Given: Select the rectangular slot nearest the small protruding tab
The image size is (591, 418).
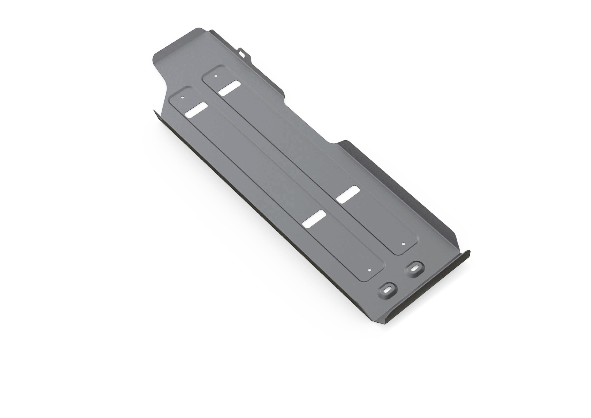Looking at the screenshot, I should pos(229,88).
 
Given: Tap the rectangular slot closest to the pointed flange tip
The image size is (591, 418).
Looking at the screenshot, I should pos(196,110).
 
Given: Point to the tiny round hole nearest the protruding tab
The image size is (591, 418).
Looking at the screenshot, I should pos(216,76).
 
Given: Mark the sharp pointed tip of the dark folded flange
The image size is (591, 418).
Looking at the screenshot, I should pos(154,110).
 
